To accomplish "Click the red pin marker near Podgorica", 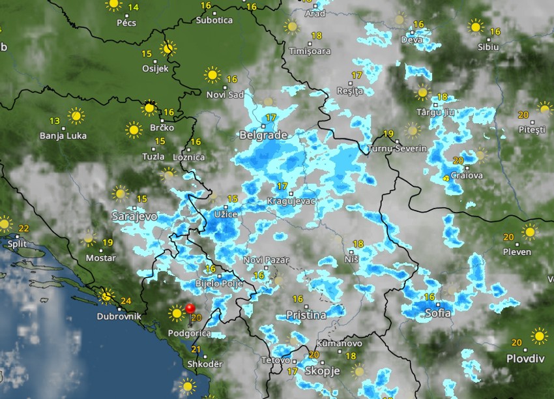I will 190,308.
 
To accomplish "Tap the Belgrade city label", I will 263,136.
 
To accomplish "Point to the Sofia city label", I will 437,313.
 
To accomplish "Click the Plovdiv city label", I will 525,359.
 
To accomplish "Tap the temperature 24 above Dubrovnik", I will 126,301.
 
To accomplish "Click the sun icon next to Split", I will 5,224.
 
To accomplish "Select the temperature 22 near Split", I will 24,228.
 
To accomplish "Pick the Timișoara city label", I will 310,51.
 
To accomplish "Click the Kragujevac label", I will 291,201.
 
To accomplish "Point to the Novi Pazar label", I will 266,260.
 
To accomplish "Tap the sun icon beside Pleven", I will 529,231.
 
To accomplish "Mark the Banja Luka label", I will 63,136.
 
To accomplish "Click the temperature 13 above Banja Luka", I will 55,121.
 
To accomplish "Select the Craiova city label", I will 467,175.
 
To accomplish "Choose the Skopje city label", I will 322,370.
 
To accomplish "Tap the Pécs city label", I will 126,22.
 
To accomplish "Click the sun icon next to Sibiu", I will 476,27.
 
